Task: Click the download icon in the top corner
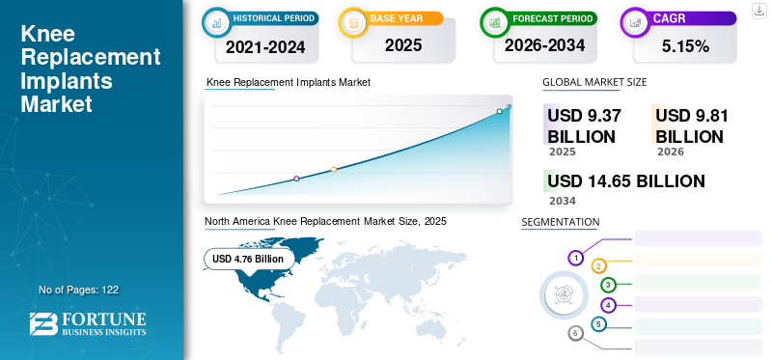click(758, 11)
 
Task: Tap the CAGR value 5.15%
click(685, 46)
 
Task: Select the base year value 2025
click(403, 45)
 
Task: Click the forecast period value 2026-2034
click(544, 45)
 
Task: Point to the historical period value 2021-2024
click(265, 46)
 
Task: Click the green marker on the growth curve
click(499, 111)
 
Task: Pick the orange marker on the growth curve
click(334, 170)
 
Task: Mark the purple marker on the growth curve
click(296, 179)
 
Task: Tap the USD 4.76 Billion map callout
click(248, 259)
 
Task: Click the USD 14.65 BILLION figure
click(625, 181)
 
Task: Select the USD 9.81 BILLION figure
click(691, 126)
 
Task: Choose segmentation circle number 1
click(575, 258)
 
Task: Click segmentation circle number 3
click(609, 285)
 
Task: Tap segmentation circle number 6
click(575, 334)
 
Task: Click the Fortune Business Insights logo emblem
click(42, 324)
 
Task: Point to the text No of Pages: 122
click(79, 291)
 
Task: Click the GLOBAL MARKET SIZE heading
click(594, 82)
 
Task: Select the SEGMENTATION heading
click(561, 222)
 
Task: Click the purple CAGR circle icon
click(635, 22)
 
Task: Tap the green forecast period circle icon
click(495, 22)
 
